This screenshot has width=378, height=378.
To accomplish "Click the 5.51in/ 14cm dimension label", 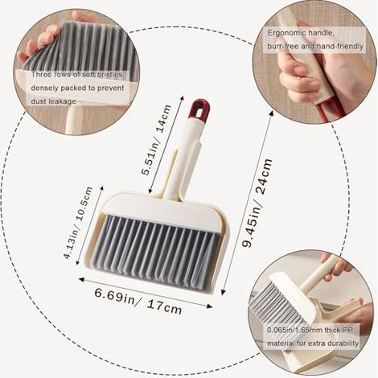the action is pyautogui.click(x=157, y=140).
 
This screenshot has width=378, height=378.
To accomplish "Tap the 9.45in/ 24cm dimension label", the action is pyautogui.click(x=257, y=203).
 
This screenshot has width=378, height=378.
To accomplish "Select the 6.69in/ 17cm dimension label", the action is pyautogui.click(x=138, y=301).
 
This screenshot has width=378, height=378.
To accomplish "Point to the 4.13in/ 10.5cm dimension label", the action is pyautogui.click(x=78, y=223).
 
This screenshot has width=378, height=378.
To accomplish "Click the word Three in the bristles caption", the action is pyautogui.click(x=41, y=74).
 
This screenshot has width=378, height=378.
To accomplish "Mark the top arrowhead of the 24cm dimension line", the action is pyautogui.click(x=271, y=113).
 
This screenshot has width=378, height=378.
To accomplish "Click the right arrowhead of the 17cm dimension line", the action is pyautogui.click(x=210, y=306).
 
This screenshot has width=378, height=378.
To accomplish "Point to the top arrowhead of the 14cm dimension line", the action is pyautogui.click(x=182, y=98).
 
